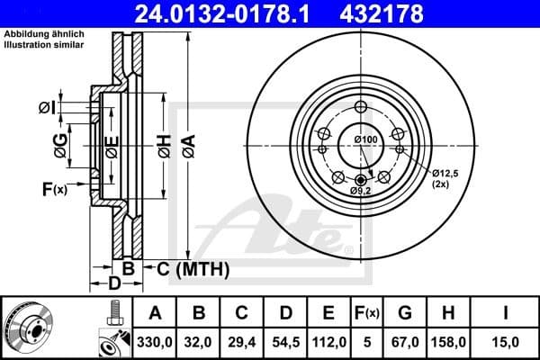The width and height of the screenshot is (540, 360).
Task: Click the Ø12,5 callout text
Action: click(x=445, y=172)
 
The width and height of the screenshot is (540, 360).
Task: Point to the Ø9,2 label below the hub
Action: click(x=361, y=191)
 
